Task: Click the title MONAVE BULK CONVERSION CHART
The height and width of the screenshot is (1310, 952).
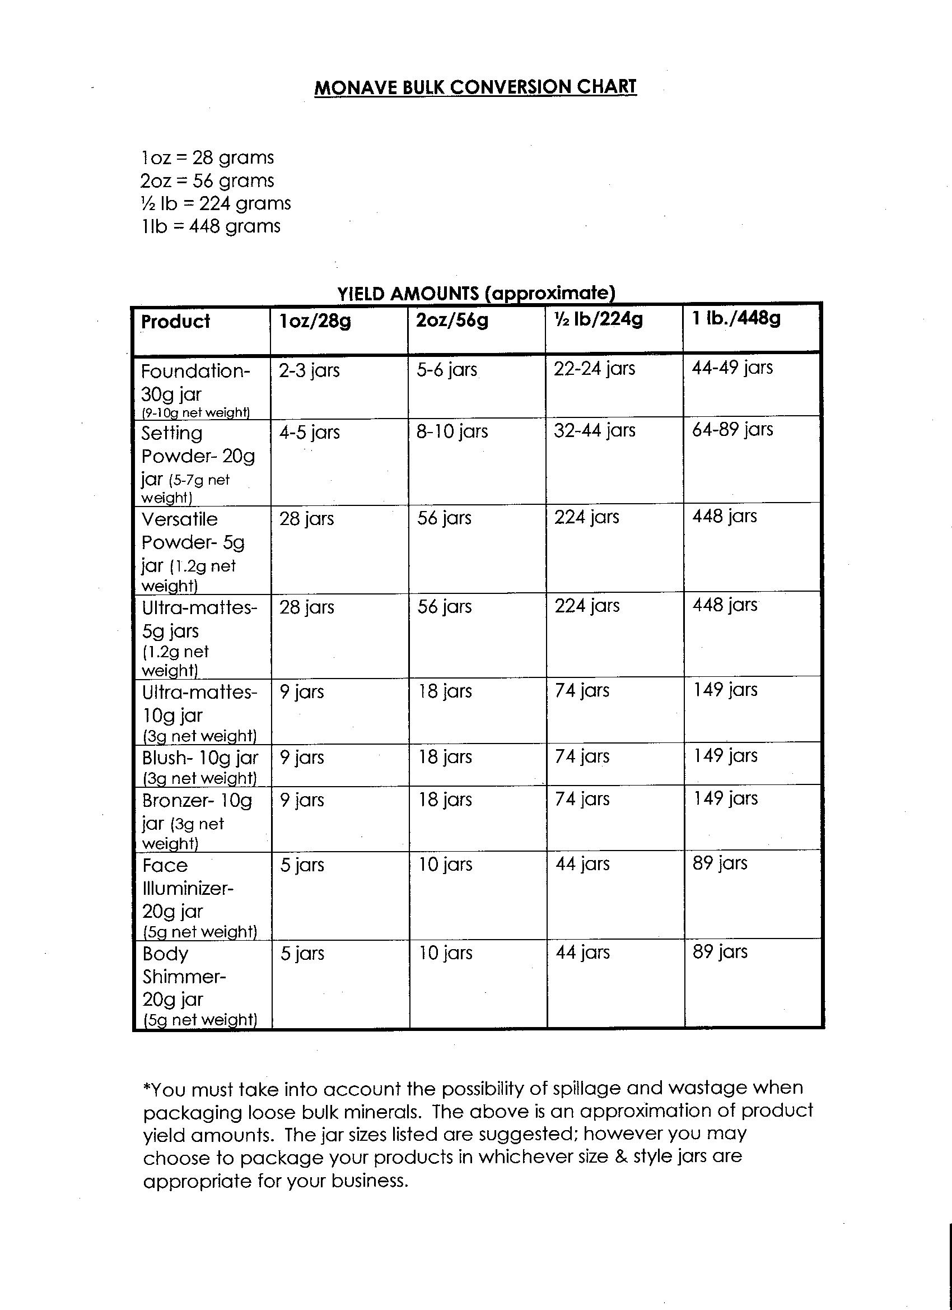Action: pos(475,87)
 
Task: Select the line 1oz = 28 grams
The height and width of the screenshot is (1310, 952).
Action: pos(207,157)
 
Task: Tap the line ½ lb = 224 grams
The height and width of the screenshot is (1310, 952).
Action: pos(216,203)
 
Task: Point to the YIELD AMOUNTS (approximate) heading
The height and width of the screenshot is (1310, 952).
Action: pos(477,294)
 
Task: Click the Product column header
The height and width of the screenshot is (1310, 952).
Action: pos(175,321)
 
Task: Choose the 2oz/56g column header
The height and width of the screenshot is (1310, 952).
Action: pos(452,320)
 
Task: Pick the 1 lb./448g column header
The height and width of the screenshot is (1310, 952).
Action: pos(736,318)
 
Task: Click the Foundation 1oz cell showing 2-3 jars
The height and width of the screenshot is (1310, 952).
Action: pos(310,370)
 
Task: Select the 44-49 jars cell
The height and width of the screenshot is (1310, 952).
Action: pos(732,368)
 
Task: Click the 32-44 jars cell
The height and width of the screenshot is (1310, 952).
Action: pos(594,430)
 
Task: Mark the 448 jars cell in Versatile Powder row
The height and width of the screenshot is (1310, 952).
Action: pos(725,517)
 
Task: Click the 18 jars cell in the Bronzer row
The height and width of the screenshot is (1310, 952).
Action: pos(445,800)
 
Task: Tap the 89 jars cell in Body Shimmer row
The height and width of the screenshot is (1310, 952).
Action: pos(720,951)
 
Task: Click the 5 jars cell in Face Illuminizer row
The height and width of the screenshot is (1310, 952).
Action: pos(302,865)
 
